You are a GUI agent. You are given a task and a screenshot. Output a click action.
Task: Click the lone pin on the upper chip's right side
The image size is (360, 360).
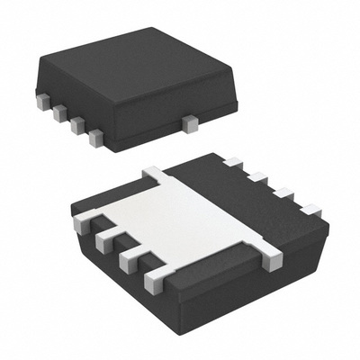click(x=190, y=120)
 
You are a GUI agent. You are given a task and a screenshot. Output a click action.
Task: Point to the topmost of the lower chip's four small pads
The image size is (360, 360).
click(x=232, y=163)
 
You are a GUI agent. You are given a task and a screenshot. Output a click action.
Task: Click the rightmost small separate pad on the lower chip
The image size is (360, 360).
click(x=310, y=209)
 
